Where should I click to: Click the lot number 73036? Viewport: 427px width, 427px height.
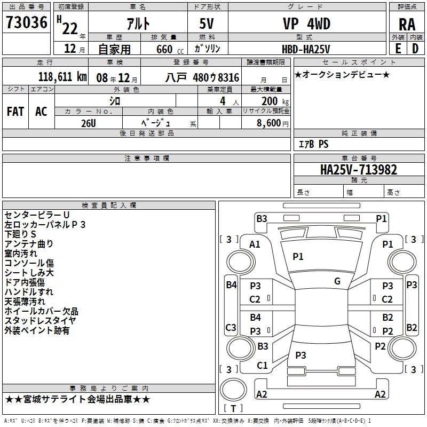click(x=26, y=22)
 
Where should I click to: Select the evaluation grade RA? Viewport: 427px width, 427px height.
click(x=407, y=25)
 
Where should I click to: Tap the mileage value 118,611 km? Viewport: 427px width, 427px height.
click(x=62, y=77)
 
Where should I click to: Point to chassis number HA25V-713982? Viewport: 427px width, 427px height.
click(x=358, y=170)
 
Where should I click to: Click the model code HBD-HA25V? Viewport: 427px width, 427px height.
click(x=306, y=49)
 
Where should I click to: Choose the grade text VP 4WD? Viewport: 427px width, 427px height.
click(x=306, y=23)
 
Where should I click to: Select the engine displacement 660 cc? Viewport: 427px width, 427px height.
click(x=170, y=49)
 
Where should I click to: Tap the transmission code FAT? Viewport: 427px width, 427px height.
click(x=15, y=112)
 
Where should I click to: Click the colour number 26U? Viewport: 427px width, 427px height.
click(x=89, y=123)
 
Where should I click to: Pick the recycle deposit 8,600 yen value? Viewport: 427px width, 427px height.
click(x=272, y=123)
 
